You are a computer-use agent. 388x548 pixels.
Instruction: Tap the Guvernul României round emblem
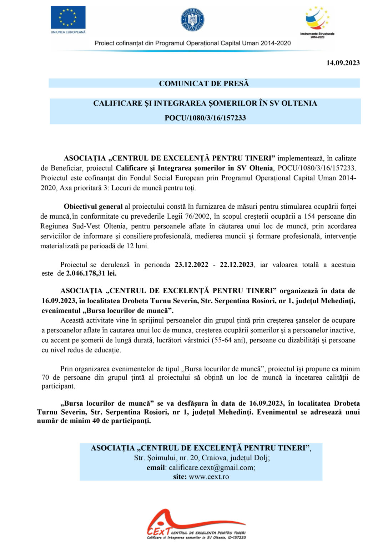click(x=192, y=20)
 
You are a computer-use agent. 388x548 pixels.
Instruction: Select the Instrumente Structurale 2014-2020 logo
click(x=317, y=21)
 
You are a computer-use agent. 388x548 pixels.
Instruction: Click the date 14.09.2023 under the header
click(x=343, y=63)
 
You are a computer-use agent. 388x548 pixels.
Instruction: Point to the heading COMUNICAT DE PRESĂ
click(x=204, y=83)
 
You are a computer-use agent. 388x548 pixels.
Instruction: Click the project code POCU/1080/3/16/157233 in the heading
click(x=205, y=118)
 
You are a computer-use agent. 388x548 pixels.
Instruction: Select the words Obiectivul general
click(x=93, y=207)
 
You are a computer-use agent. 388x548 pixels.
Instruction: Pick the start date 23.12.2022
click(x=191, y=265)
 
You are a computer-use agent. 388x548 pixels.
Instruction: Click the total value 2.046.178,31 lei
click(x=91, y=274)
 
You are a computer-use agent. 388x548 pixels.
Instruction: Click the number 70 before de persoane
click(x=45, y=378)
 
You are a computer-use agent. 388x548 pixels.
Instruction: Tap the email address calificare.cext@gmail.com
click(x=212, y=468)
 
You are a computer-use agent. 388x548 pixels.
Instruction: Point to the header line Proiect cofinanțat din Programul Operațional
click(x=192, y=43)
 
